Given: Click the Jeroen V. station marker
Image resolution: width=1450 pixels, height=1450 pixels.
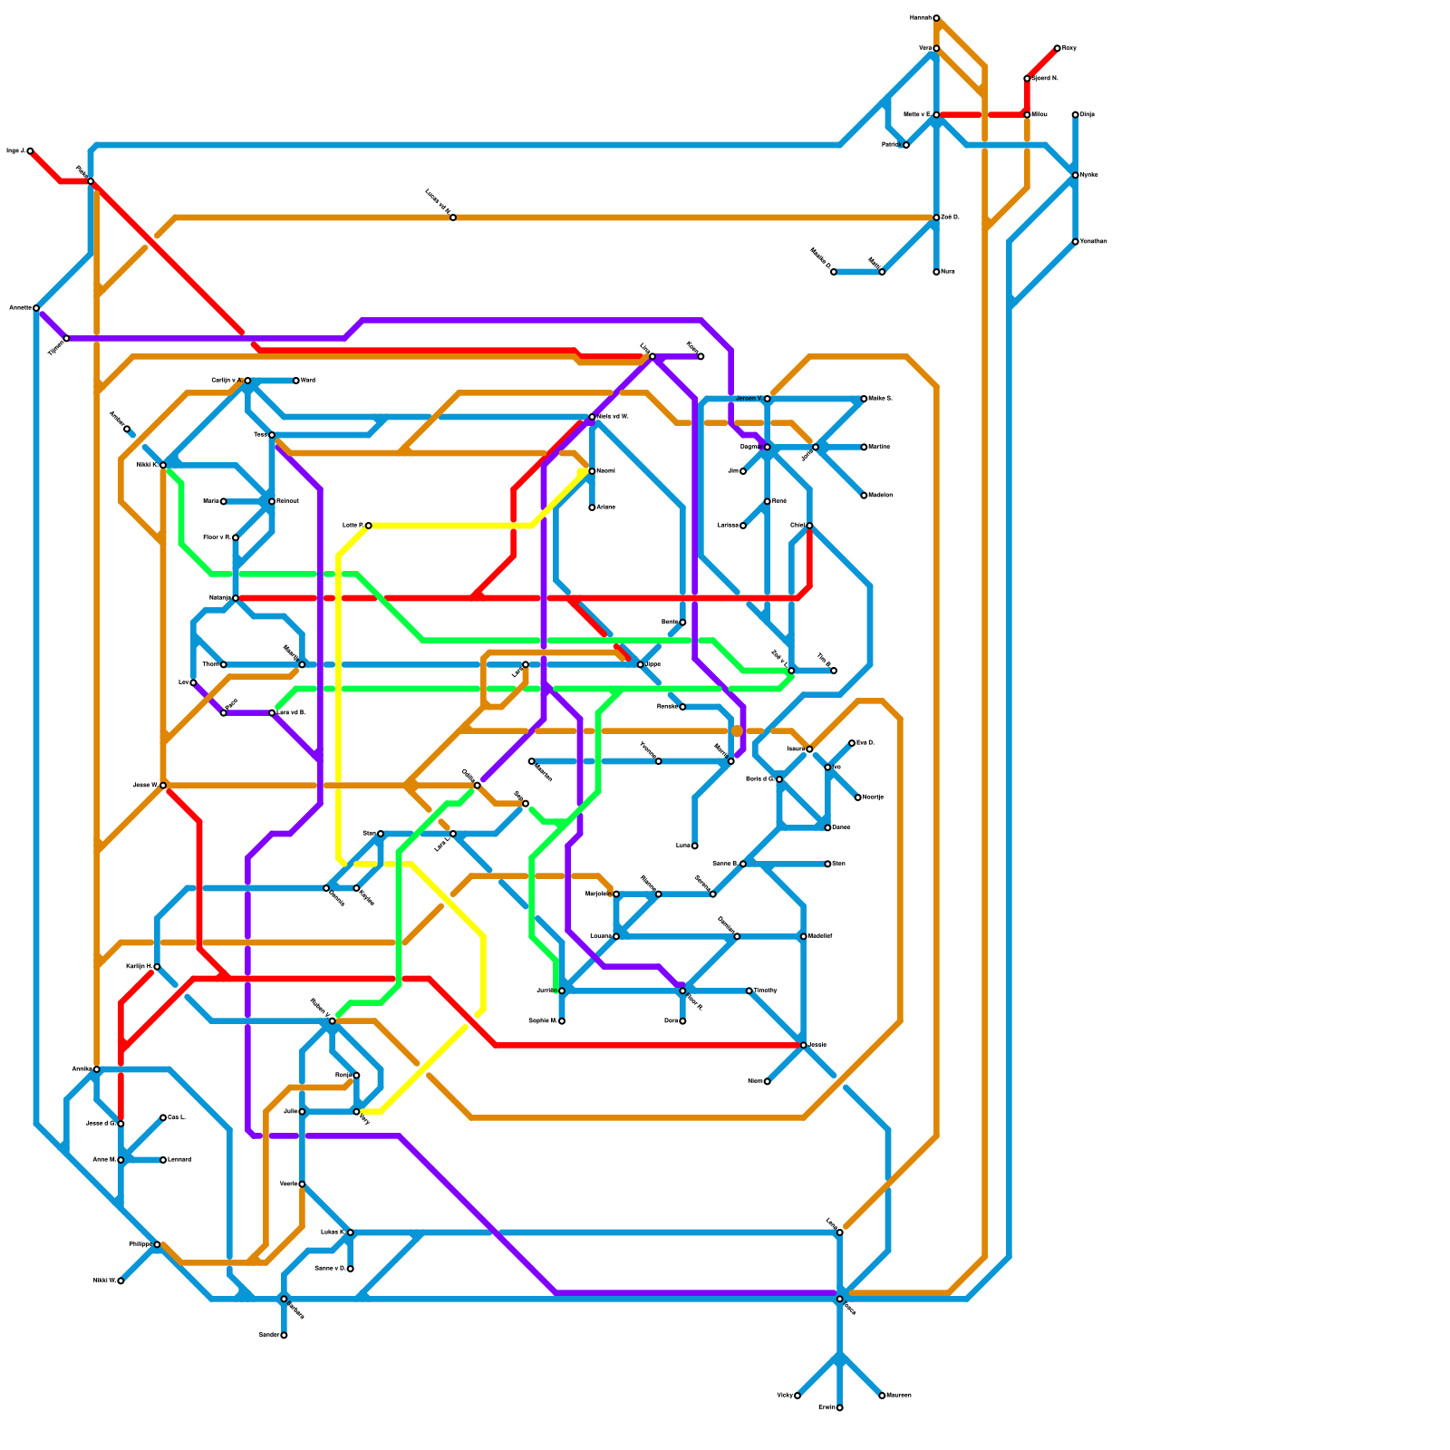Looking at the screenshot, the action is [x=767, y=399].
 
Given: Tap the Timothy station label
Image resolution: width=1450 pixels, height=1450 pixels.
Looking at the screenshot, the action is [x=766, y=991].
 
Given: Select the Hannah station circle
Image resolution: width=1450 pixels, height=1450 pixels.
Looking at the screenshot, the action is [x=936, y=18].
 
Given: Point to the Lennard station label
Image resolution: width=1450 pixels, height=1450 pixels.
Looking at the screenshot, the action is [x=179, y=1160].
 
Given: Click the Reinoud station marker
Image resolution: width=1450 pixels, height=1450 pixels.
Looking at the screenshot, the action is [x=272, y=501].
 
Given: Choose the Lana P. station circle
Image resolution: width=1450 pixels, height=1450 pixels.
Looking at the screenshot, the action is [x=368, y=526].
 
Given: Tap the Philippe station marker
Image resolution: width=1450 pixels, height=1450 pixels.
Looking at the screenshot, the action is [x=157, y=1244].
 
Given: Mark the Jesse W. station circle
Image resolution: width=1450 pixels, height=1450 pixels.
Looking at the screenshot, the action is [x=163, y=785].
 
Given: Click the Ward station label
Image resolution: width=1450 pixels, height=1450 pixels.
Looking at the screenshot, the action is [x=308, y=381].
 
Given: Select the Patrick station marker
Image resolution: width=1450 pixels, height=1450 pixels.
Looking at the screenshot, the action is [x=906, y=145].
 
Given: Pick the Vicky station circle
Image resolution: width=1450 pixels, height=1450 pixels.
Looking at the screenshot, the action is [x=797, y=1396].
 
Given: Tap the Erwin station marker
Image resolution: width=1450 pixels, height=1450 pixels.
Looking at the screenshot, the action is [x=840, y=1407].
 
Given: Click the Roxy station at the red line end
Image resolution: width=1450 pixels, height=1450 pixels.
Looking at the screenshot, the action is [x=1057, y=48].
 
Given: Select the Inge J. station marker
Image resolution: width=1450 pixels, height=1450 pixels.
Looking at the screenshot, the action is [x=30, y=151].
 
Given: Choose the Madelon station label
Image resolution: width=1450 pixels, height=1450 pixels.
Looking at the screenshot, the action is [x=881, y=496].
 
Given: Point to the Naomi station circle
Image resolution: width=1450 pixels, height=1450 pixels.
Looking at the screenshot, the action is [x=592, y=471].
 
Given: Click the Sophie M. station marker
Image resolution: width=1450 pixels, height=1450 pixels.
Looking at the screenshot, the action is [x=562, y=1021].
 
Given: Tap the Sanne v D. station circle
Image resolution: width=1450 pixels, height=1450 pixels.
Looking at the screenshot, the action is [x=351, y=1269].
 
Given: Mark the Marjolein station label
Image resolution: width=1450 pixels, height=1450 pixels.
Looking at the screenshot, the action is [x=596, y=894].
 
